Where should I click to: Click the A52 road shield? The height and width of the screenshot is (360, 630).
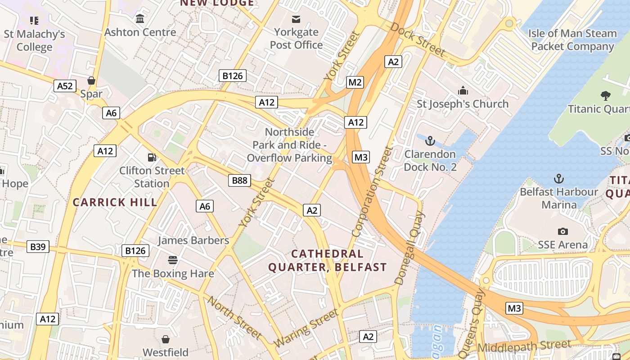65,86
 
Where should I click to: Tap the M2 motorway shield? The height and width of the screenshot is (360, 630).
355,82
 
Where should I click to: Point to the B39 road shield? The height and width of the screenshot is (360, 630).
37,247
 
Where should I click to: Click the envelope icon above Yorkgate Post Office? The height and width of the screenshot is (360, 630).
296,19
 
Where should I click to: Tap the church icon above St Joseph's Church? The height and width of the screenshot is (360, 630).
463,91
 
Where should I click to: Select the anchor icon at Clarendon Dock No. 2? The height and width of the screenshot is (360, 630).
430,141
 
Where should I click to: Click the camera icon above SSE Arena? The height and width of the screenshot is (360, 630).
562,231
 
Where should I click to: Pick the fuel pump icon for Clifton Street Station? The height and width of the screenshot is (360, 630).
152,157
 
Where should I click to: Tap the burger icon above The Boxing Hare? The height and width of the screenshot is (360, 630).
173,260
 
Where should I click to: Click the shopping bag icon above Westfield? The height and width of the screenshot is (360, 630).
166,339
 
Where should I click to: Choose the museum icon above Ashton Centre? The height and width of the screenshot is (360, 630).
140,19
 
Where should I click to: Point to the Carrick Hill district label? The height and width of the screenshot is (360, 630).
115,202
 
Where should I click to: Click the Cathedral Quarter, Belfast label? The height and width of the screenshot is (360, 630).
327,261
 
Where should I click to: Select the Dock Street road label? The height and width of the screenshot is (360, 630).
418,40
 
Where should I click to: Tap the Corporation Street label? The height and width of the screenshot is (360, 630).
371,191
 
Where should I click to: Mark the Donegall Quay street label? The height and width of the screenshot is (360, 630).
409,248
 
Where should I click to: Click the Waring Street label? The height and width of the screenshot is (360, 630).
306,328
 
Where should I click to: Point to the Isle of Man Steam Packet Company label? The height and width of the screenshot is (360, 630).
572,40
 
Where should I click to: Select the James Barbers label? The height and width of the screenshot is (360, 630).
193,240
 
